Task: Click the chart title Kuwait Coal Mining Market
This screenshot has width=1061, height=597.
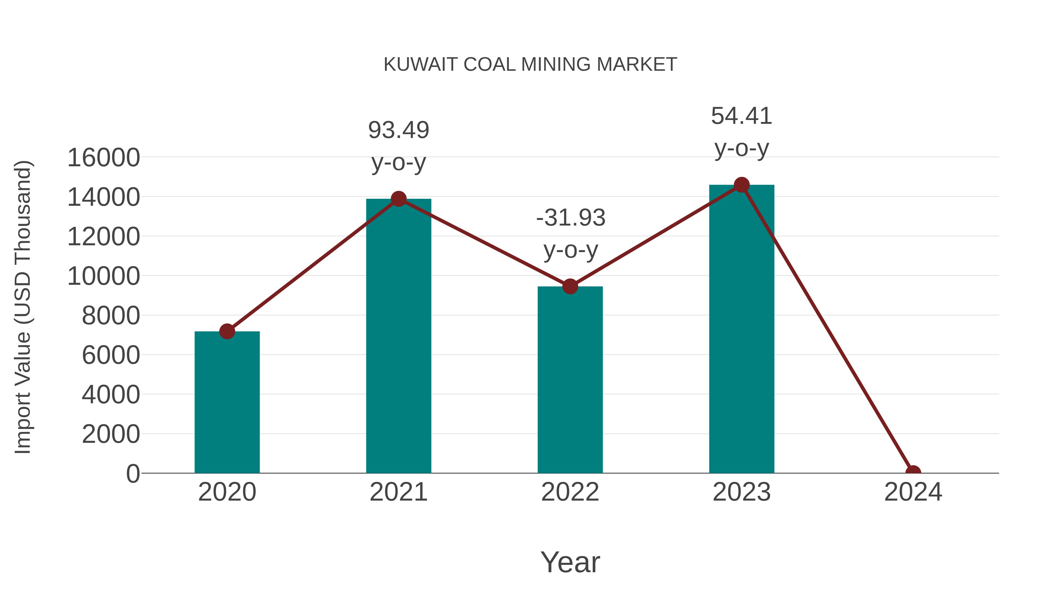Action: pyautogui.click(x=530, y=65)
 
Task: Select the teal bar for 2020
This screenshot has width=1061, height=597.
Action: pyautogui.click(x=227, y=404)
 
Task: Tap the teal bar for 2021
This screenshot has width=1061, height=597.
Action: pyautogui.click(x=398, y=338)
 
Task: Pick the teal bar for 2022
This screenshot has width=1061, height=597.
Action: pyautogui.click(x=570, y=381)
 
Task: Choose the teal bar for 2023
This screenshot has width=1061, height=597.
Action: pyautogui.click(x=742, y=330)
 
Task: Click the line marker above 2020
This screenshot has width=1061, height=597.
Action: pyautogui.click(x=227, y=331)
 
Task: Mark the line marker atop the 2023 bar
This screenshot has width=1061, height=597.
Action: pyautogui.click(x=742, y=185)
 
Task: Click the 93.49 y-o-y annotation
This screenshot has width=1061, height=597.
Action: pyautogui.click(x=398, y=146)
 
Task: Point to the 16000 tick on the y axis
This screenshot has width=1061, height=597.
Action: pyautogui.click(x=103, y=157)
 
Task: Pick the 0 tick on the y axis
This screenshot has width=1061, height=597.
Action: pyautogui.click(x=133, y=473)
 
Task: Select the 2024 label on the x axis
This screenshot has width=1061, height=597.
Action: pyautogui.click(x=913, y=492)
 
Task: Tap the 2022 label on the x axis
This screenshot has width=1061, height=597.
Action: pyautogui.click(x=570, y=492)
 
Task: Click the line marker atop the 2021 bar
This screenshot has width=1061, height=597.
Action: pyautogui.click(x=398, y=199)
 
